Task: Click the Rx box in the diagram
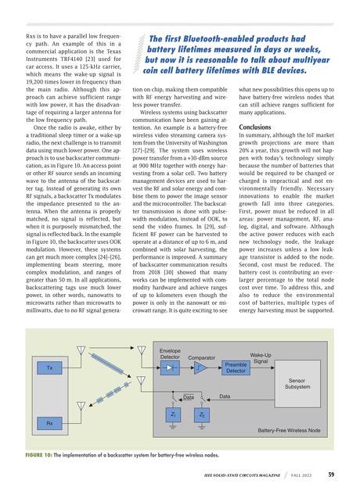[49, 423]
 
